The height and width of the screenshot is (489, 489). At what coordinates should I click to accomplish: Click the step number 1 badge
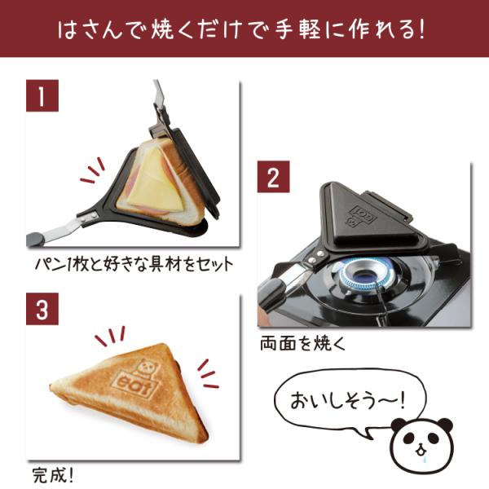(42, 95)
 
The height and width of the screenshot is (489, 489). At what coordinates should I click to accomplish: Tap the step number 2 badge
(273, 177)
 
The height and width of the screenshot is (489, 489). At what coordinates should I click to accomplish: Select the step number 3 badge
(42, 309)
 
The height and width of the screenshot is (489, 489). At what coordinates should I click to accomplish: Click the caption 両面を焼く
(303, 344)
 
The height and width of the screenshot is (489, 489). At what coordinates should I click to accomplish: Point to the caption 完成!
(53, 475)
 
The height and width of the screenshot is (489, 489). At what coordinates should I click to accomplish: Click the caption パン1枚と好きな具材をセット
(134, 264)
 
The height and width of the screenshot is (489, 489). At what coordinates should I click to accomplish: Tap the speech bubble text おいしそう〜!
(347, 400)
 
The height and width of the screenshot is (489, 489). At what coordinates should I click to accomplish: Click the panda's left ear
(400, 426)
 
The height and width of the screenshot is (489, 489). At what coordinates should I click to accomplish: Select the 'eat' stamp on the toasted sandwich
(134, 385)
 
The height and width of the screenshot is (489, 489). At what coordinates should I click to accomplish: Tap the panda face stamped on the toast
(146, 369)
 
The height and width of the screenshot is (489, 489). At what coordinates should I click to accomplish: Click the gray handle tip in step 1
(36, 239)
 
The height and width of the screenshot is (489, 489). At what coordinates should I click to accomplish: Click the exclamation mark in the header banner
(421, 30)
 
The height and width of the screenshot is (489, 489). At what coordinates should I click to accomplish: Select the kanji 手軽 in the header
(297, 30)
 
